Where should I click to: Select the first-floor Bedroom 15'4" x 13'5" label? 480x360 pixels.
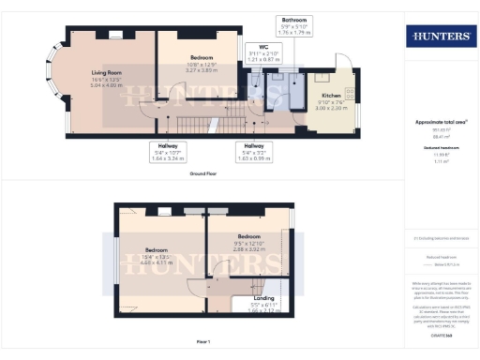pos(157,256)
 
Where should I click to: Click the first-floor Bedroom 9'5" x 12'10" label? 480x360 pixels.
pos(248,244)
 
